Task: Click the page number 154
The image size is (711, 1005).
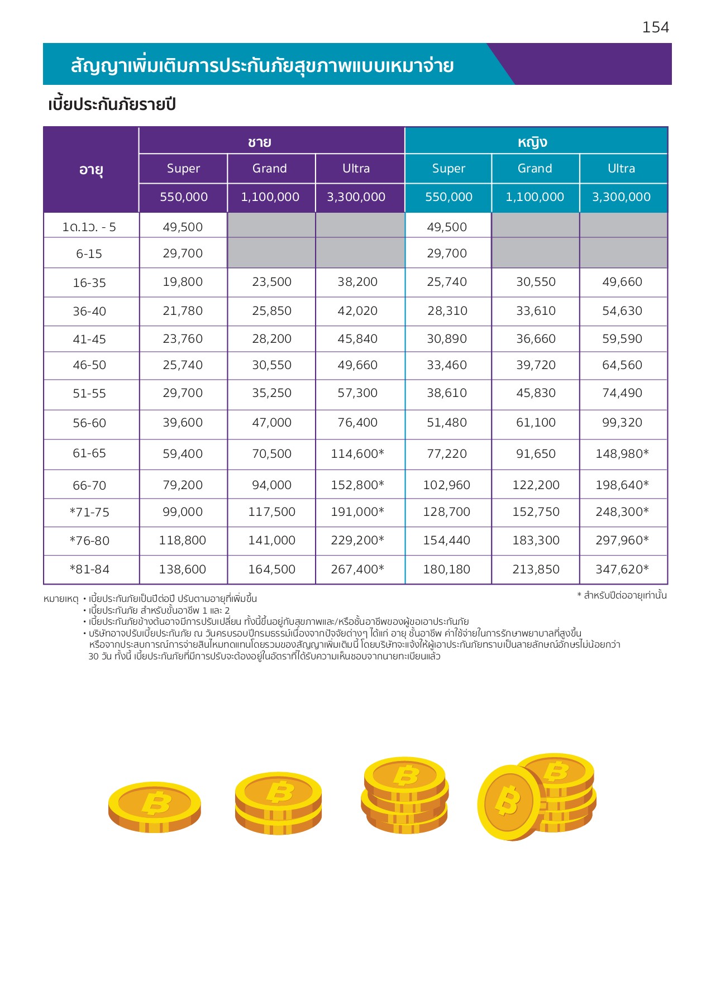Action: [655, 27]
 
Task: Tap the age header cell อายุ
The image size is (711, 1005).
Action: [91, 170]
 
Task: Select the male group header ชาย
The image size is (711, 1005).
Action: [260, 142]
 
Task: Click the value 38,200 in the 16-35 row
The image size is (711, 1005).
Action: [357, 282]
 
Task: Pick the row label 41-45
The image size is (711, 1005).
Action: [89, 339]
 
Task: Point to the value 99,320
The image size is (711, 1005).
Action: [622, 423]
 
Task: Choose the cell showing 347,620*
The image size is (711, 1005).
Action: [622, 569]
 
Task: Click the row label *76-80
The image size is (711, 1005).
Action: [89, 541]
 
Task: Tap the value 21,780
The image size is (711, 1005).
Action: [183, 311]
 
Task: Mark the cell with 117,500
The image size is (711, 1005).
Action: [272, 512]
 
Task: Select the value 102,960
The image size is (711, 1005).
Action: [447, 485]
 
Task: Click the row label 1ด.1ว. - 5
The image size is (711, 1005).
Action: [89, 227]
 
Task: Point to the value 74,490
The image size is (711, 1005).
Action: [622, 393]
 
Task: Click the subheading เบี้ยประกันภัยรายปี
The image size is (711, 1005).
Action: [112, 105]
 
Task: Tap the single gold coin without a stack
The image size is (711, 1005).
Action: [155, 807]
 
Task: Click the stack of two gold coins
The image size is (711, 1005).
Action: [278, 803]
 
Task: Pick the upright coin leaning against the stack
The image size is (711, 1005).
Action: [509, 802]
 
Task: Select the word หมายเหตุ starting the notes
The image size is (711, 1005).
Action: [61, 599]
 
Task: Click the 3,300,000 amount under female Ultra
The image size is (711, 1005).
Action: [621, 197]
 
